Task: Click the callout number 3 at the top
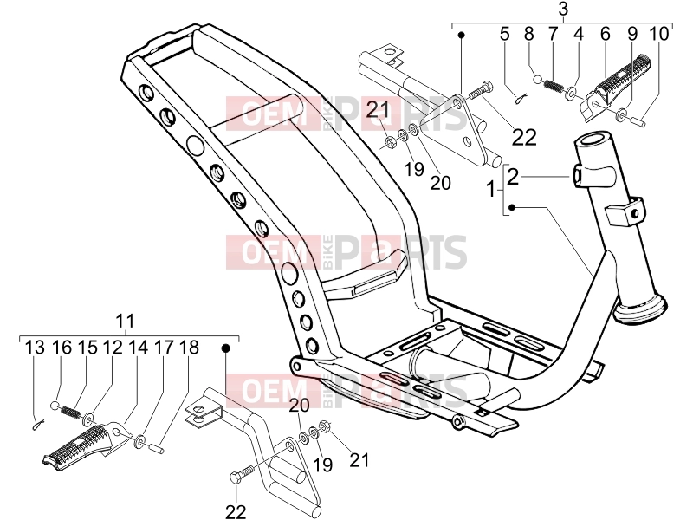coord(562,9)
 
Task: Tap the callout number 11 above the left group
coord(125,321)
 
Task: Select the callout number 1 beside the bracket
coord(491,190)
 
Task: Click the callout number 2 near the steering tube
coord(513,177)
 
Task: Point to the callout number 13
coord(35,348)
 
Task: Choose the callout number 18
coord(189,348)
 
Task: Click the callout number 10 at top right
coord(659,34)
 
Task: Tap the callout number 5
coord(505,34)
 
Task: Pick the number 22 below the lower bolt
coord(236,511)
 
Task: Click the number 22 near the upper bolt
coord(524,138)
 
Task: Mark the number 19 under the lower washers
coord(323,465)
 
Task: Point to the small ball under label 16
coord(55,406)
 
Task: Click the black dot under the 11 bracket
coord(226,348)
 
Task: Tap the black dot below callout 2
coord(512,207)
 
